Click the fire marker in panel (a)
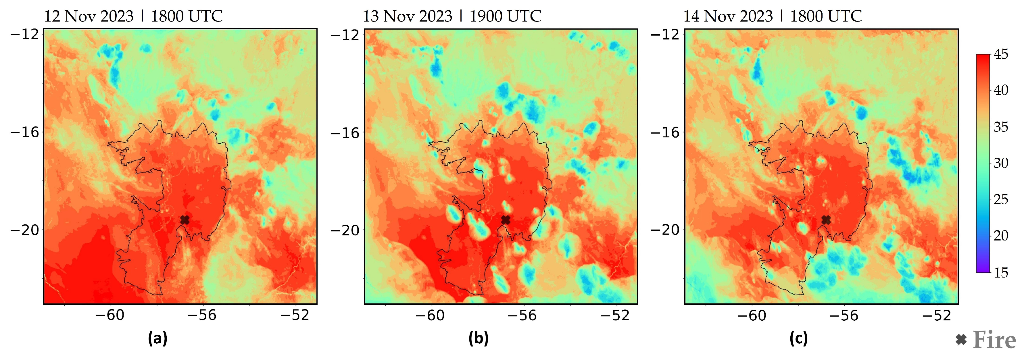tap(185, 220)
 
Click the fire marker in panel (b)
tap(506, 220)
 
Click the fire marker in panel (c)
tap(826, 220)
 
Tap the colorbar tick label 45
tap(1001, 54)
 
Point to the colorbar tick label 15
tap(1001, 273)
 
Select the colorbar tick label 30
tap(1001, 163)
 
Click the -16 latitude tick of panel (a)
tap(25, 132)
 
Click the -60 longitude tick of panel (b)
tap(431, 315)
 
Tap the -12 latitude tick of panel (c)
tap(665, 34)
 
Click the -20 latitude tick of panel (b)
tap(345, 230)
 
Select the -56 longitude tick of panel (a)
tap(202, 315)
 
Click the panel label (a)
tap(157, 338)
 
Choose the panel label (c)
tap(799, 338)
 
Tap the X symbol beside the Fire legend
tap(961, 340)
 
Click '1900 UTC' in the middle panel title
tap(505, 17)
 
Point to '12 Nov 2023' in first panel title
tap(89, 17)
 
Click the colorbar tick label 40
tap(1001, 90)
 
